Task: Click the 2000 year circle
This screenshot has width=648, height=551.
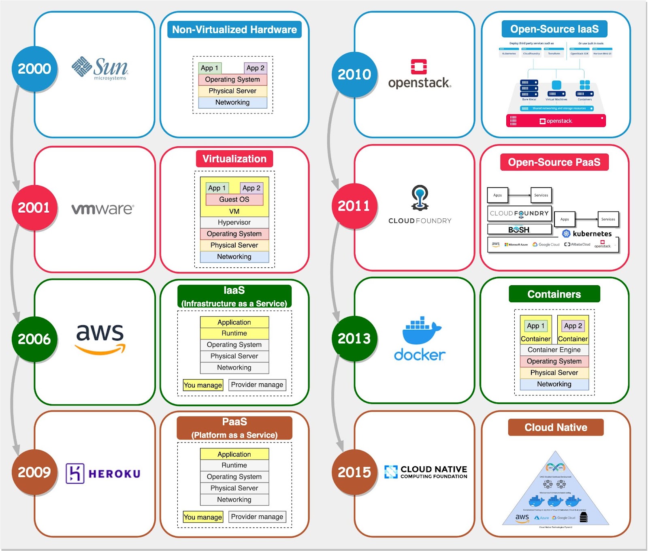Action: pyautogui.click(x=34, y=69)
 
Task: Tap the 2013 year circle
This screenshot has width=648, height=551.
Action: pyautogui.click(x=354, y=339)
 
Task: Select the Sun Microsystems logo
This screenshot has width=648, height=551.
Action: pyautogui.click(x=100, y=68)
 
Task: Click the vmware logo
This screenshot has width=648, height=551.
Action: pyautogui.click(x=102, y=209)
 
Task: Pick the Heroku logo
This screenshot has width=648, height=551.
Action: pyautogui.click(x=103, y=473)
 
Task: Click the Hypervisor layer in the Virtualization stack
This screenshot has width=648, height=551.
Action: pyautogui.click(x=234, y=222)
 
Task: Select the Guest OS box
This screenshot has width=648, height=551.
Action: pyautogui.click(x=234, y=199)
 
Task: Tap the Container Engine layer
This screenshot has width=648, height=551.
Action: pyautogui.click(x=554, y=350)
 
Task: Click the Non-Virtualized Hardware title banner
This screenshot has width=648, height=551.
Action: pyautogui.click(x=234, y=30)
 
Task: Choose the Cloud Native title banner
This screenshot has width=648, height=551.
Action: pyautogui.click(x=556, y=427)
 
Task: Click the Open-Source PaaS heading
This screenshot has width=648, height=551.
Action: pyautogui.click(x=554, y=162)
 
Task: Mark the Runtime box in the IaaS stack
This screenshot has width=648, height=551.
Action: pyautogui.click(x=234, y=333)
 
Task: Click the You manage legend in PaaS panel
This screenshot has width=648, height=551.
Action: pyautogui.click(x=202, y=517)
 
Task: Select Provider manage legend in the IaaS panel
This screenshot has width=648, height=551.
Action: pyautogui.click(x=257, y=384)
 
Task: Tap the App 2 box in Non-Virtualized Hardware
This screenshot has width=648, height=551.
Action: pyautogui.click(x=255, y=68)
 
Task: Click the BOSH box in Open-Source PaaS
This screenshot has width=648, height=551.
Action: pyautogui.click(x=519, y=230)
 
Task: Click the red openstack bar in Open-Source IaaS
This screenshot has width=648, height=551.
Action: pyautogui.click(x=556, y=121)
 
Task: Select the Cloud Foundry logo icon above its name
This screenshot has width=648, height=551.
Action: pyautogui.click(x=420, y=198)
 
